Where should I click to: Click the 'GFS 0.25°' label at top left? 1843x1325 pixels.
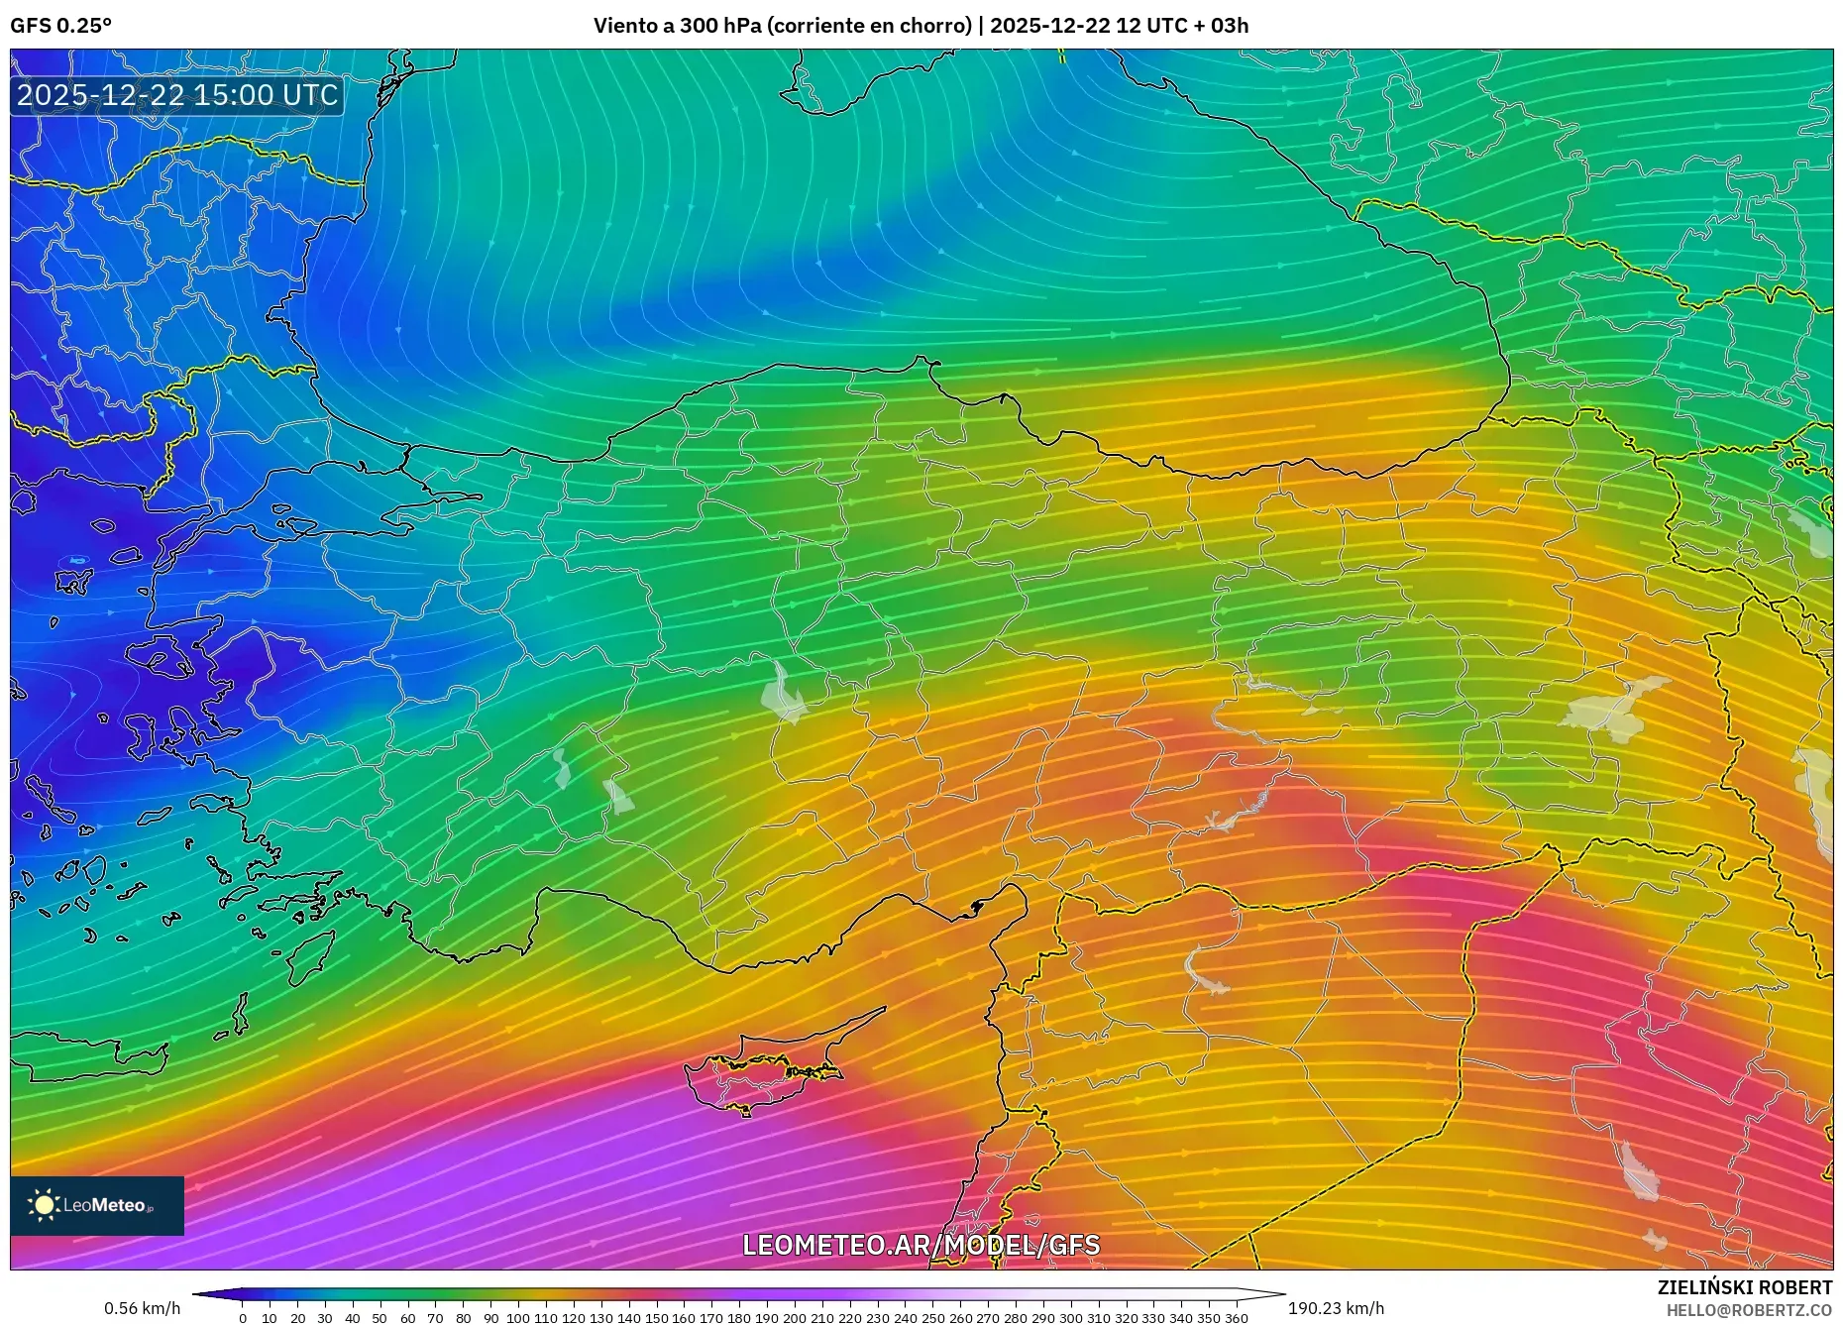coord(60,26)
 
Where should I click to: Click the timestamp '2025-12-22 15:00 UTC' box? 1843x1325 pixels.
coord(177,95)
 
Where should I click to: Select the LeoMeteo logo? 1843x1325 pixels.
coord(97,1205)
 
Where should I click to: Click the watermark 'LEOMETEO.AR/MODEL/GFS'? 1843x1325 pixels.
coord(921,1245)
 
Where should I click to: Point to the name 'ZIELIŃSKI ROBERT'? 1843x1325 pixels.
coord(1744,1287)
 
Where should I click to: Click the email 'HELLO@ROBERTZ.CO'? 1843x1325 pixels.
coord(1748,1310)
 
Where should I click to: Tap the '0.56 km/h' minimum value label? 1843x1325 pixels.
coord(143,1308)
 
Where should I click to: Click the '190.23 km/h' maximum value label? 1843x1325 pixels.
coord(1336,1308)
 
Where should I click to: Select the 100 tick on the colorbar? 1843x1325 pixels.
coord(518,1317)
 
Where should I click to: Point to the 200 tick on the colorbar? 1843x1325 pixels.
coord(794,1317)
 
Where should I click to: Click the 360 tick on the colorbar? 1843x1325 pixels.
coord(1236,1317)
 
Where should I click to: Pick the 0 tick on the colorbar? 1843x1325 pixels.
coord(243,1317)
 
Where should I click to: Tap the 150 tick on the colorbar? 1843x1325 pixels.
coord(656,1317)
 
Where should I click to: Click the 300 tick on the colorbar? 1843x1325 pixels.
coord(1070,1317)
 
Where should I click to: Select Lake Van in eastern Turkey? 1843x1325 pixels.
coord(1614,709)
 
